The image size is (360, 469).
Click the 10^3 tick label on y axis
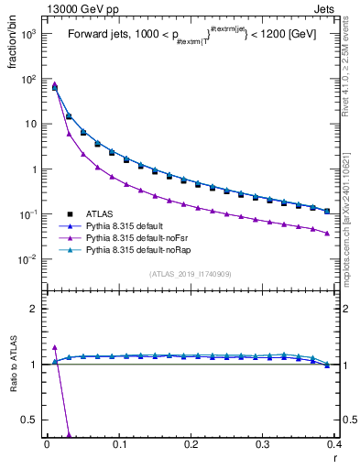coord(27,34)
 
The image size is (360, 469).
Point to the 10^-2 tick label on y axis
coord(27,259)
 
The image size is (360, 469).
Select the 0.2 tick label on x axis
coord(191,444)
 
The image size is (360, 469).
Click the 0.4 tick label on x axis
coord(333,444)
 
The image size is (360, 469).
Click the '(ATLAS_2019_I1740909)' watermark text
coord(191,274)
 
